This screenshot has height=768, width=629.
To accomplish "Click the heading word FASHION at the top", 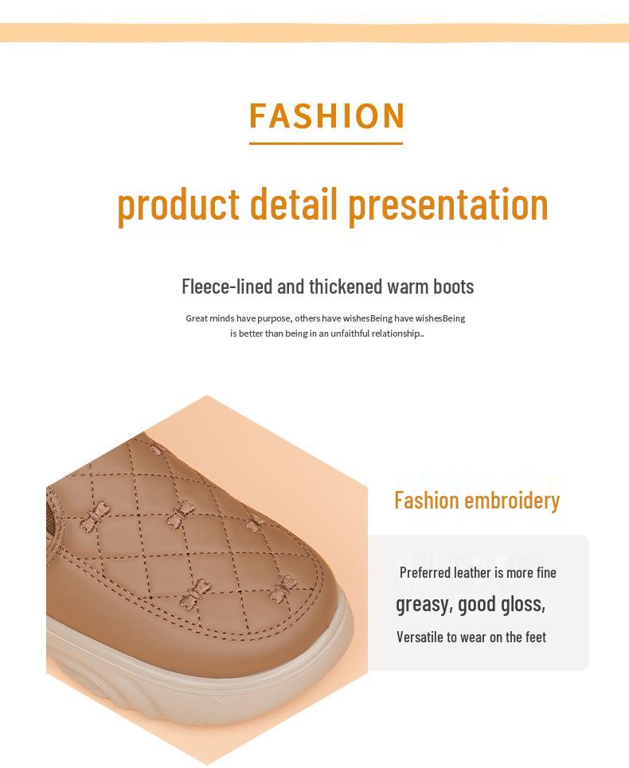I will (x=326, y=115).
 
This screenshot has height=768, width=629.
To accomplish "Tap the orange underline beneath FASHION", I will (x=326, y=144).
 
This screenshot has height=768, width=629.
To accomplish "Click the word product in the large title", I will (x=178, y=204).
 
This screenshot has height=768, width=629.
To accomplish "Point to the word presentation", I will (x=448, y=204).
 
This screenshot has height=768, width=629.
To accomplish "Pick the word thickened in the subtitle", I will (x=346, y=287).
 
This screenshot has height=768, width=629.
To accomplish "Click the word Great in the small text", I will (x=197, y=318).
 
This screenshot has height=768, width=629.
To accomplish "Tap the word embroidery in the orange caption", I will (x=512, y=501).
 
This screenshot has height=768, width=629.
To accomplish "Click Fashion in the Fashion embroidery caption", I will (x=427, y=501).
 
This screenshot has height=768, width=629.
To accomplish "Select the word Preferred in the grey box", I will (x=425, y=573).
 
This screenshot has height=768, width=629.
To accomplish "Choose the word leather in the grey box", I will (x=472, y=573).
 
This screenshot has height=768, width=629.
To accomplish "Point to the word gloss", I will (x=523, y=605).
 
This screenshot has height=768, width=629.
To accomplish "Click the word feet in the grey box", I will (x=535, y=637).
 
